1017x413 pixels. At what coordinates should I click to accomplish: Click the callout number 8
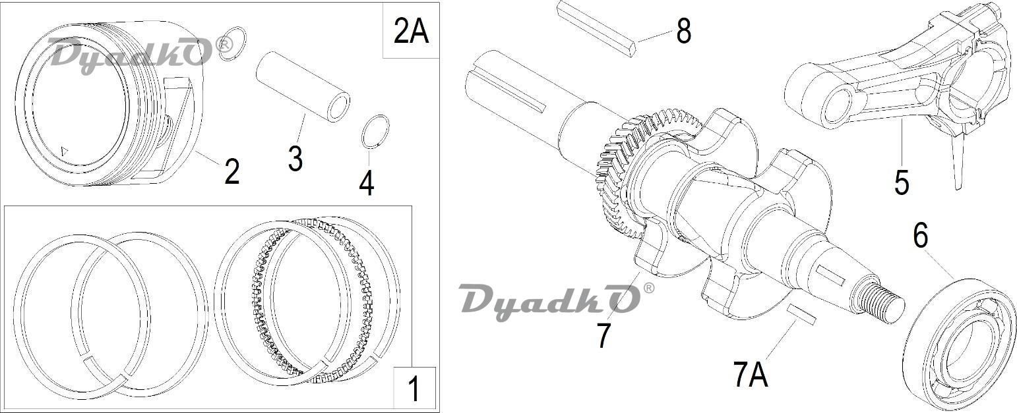point(683,31)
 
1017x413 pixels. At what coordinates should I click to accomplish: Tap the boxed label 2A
point(411,31)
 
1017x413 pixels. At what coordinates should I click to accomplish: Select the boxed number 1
point(414,389)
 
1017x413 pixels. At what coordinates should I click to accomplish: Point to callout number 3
point(295,159)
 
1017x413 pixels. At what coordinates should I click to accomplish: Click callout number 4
point(367,183)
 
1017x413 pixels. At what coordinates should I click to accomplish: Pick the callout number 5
point(902,182)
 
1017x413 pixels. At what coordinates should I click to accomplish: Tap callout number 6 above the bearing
point(921,235)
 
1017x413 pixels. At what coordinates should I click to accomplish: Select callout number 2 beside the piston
point(232,171)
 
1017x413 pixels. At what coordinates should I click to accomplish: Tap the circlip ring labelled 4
point(375,132)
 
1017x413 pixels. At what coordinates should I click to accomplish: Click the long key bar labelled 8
point(597,28)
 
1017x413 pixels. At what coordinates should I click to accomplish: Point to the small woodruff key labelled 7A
point(802,314)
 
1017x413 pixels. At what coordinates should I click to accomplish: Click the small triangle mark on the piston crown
point(65,151)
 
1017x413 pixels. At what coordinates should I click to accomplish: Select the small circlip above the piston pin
point(232,43)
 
